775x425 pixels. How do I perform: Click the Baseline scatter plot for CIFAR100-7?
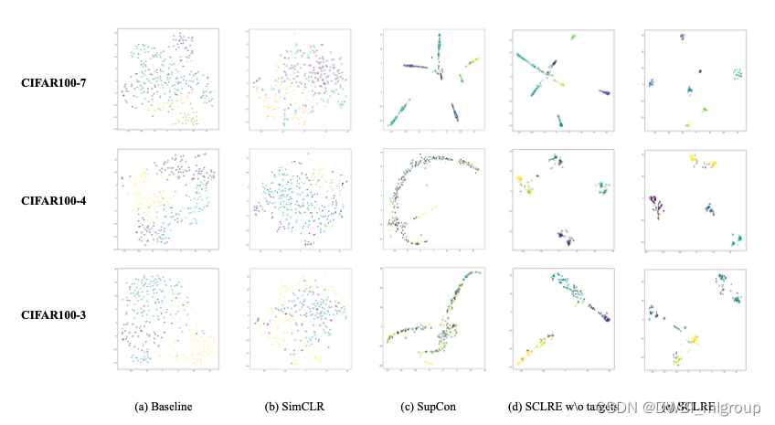165,80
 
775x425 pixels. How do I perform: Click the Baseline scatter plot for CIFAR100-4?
165,199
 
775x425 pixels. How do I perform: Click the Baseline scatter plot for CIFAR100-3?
165,318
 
